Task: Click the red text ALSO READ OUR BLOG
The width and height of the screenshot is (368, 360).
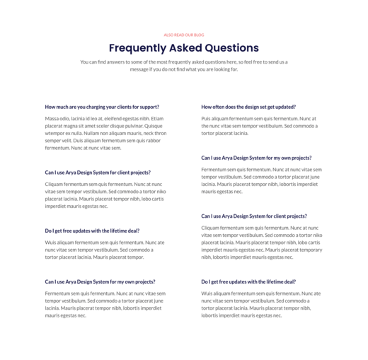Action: pyautogui.click(x=183, y=34)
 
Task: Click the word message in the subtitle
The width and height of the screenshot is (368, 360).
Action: pyautogui.click(x=140, y=69)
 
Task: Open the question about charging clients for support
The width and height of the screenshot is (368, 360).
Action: pyautogui.click(x=102, y=107)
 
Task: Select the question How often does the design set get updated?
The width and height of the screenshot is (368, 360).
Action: pyautogui.click(x=248, y=107)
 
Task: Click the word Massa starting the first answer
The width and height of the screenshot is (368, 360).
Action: pyautogui.click(x=52, y=118)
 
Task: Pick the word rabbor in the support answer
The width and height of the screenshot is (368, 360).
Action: pyautogui.click(x=157, y=140)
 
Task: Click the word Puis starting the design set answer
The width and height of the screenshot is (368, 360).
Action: pyautogui.click(x=206, y=118)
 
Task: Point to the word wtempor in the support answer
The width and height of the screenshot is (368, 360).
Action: pyautogui.click(x=54, y=133)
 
